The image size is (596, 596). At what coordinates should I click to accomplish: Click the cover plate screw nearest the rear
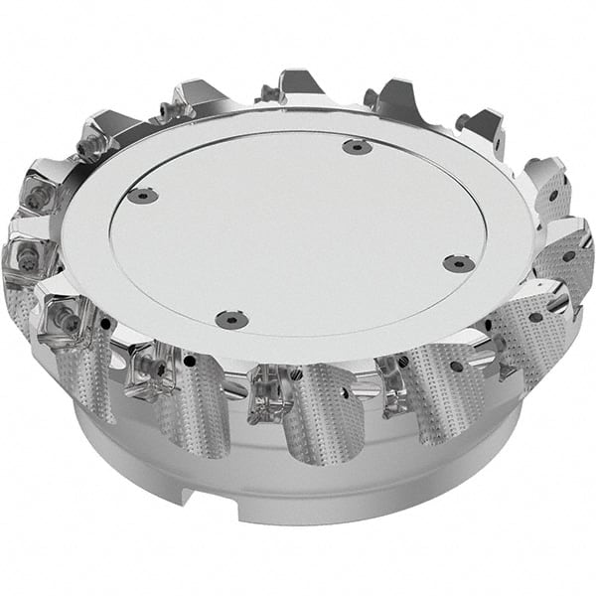click(x=357, y=147)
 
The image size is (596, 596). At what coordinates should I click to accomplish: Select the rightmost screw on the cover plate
click(x=457, y=263)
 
